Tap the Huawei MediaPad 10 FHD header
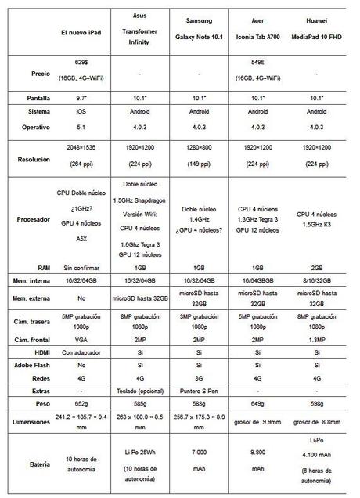317,31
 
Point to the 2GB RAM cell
317,267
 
